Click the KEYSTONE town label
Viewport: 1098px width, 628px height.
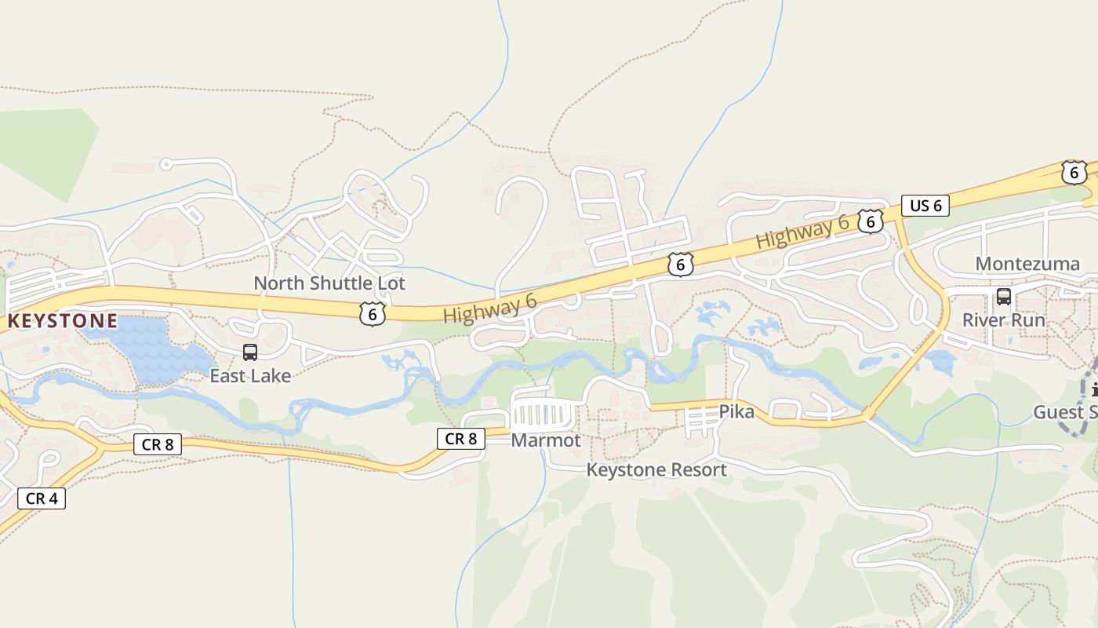click(x=63, y=321)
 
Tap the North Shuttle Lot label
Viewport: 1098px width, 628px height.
click(x=329, y=283)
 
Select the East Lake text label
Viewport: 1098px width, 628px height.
click(x=250, y=376)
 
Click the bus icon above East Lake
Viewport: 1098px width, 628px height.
click(x=250, y=352)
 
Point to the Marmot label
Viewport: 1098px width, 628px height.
click(x=546, y=440)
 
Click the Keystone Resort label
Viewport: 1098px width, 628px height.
click(x=656, y=469)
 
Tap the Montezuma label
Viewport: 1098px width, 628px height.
click(x=1027, y=264)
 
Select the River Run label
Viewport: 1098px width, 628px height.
click(x=1004, y=320)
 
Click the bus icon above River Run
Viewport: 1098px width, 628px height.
click(x=1004, y=297)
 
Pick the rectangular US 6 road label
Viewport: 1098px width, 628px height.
click(x=925, y=206)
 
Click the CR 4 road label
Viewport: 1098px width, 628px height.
click(x=41, y=498)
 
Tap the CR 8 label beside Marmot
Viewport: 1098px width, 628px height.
click(x=461, y=439)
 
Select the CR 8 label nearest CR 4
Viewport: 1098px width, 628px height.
click(x=158, y=444)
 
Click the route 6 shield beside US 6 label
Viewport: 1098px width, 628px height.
click(x=870, y=221)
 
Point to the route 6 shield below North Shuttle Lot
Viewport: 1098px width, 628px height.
click(x=373, y=314)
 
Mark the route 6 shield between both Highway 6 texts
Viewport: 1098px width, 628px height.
click(x=680, y=265)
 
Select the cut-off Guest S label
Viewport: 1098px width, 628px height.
click(x=1065, y=412)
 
